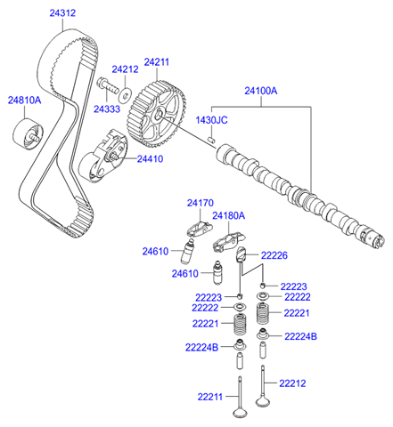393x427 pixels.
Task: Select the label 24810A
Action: [x=25, y=101]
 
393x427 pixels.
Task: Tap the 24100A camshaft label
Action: [x=261, y=91]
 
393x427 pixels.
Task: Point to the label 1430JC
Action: [x=212, y=119]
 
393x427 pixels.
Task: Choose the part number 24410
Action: [x=150, y=159]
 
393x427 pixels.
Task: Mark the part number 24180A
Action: [x=228, y=215]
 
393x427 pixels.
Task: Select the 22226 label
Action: [x=274, y=255]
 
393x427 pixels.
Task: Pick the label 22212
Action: [x=291, y=383]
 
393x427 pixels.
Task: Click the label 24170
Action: [x=201, y=203]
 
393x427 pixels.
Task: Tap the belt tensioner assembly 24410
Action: [x=104, y=157]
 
